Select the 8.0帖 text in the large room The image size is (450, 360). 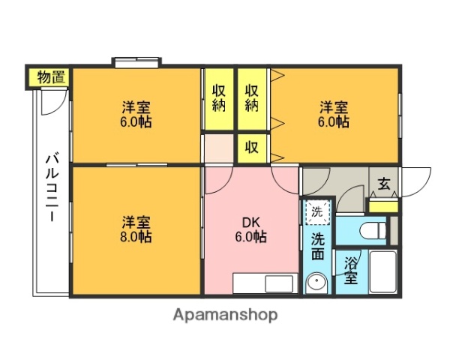[137, 236]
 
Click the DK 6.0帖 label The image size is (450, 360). [250, 229]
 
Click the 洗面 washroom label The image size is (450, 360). [317, 247]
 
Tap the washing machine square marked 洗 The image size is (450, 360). [316, 211]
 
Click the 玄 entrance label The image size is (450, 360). [383, 183]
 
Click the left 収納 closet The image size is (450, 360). [219, 98]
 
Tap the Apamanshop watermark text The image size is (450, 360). [225, 315]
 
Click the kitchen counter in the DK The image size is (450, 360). [263, 284]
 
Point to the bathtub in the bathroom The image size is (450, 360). [382, 274]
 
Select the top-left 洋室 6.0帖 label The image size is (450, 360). [137, 113]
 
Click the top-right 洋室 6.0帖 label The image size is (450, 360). [334, 113]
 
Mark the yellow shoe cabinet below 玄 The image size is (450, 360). [383, 204]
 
